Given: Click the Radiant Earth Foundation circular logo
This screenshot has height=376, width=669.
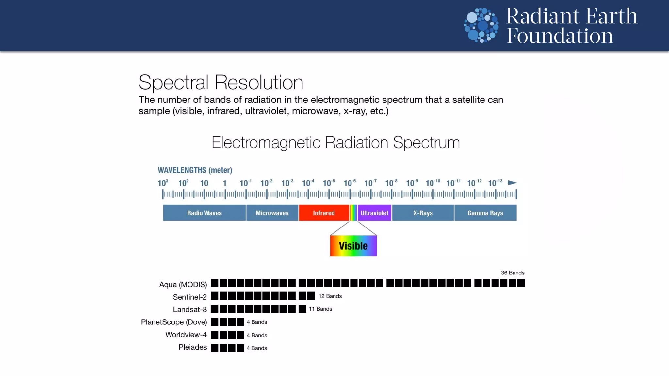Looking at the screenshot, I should point(481,25).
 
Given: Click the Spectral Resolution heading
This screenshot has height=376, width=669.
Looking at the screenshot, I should point(221,82).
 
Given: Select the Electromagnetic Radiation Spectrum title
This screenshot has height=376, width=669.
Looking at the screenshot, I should point(335,142).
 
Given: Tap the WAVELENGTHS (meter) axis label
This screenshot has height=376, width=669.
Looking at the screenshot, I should point(195,170).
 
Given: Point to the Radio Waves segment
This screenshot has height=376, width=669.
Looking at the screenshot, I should point(204,213).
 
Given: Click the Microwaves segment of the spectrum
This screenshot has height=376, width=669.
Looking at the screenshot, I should point(272,213).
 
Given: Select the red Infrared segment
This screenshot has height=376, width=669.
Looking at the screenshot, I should point(324,213).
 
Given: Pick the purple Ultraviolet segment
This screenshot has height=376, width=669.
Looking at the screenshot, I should point(374,213).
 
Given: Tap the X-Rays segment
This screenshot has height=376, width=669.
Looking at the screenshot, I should point(423,213).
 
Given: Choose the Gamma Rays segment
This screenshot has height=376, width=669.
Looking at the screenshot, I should point(485,213).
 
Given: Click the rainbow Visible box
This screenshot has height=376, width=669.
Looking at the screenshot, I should point(353,245).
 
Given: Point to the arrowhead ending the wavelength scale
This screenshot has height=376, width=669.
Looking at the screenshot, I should point(512,183).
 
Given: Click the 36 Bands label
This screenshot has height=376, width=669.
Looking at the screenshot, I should point(513,273).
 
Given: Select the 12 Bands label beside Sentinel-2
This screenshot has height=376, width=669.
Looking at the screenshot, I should point(330,296).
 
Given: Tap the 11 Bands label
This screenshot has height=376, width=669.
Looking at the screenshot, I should point(320,309).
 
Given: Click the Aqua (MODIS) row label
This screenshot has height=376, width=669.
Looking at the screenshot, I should point(183,284).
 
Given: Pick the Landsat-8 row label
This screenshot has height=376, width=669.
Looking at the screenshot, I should point(190,309).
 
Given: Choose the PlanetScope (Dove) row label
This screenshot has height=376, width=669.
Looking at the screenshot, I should point(174,322).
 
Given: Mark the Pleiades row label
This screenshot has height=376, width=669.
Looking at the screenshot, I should point(192,347).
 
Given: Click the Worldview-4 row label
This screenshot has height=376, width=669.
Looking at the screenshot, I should point(186,335).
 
